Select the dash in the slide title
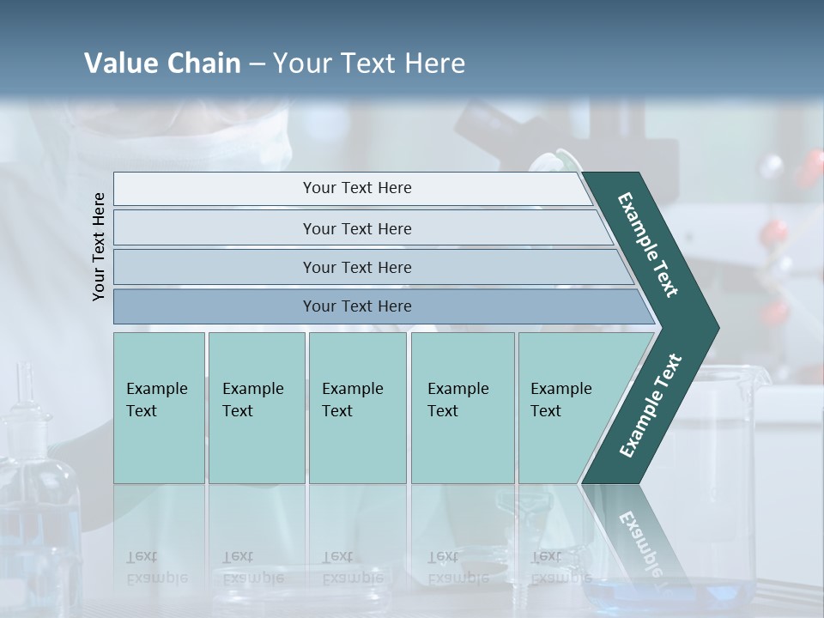tap(257, 64)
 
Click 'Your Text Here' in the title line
tap(369, 64)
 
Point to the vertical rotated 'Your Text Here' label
tap(99, 246)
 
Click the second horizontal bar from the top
tap(356, 228)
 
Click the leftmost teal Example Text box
tap(159, 407)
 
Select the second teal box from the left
tap(257, 407)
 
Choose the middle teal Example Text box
tap(357, 407)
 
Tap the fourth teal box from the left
tap(463, 407)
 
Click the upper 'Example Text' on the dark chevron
tap(648, 245)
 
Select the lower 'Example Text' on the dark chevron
tap(651, 406)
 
